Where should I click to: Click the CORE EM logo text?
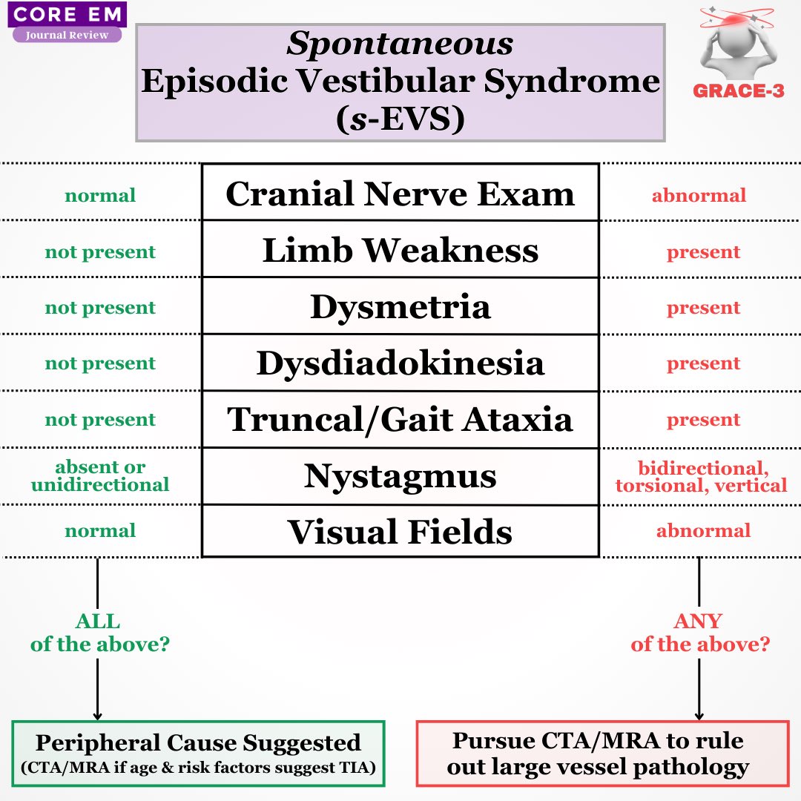point(67,15)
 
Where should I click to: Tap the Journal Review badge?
point(67,35)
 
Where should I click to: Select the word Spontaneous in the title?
point(400,44)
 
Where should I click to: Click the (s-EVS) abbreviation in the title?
point(400,119)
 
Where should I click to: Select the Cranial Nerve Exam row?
point(400,194)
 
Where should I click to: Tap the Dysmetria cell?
point(400,306)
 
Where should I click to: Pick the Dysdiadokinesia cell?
point(400,363)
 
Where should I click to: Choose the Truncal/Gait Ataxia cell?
point(400,419)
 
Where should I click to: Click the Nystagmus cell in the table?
point(400,476)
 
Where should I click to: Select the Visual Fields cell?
point(400,531)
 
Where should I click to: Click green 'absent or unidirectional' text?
point(100,476)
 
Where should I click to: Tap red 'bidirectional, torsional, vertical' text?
point(700,477)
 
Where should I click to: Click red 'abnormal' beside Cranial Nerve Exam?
point(699,196)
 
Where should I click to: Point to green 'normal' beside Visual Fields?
point(100,531)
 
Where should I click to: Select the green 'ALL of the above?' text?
point(99,633)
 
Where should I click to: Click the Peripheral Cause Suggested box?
point(198,754)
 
